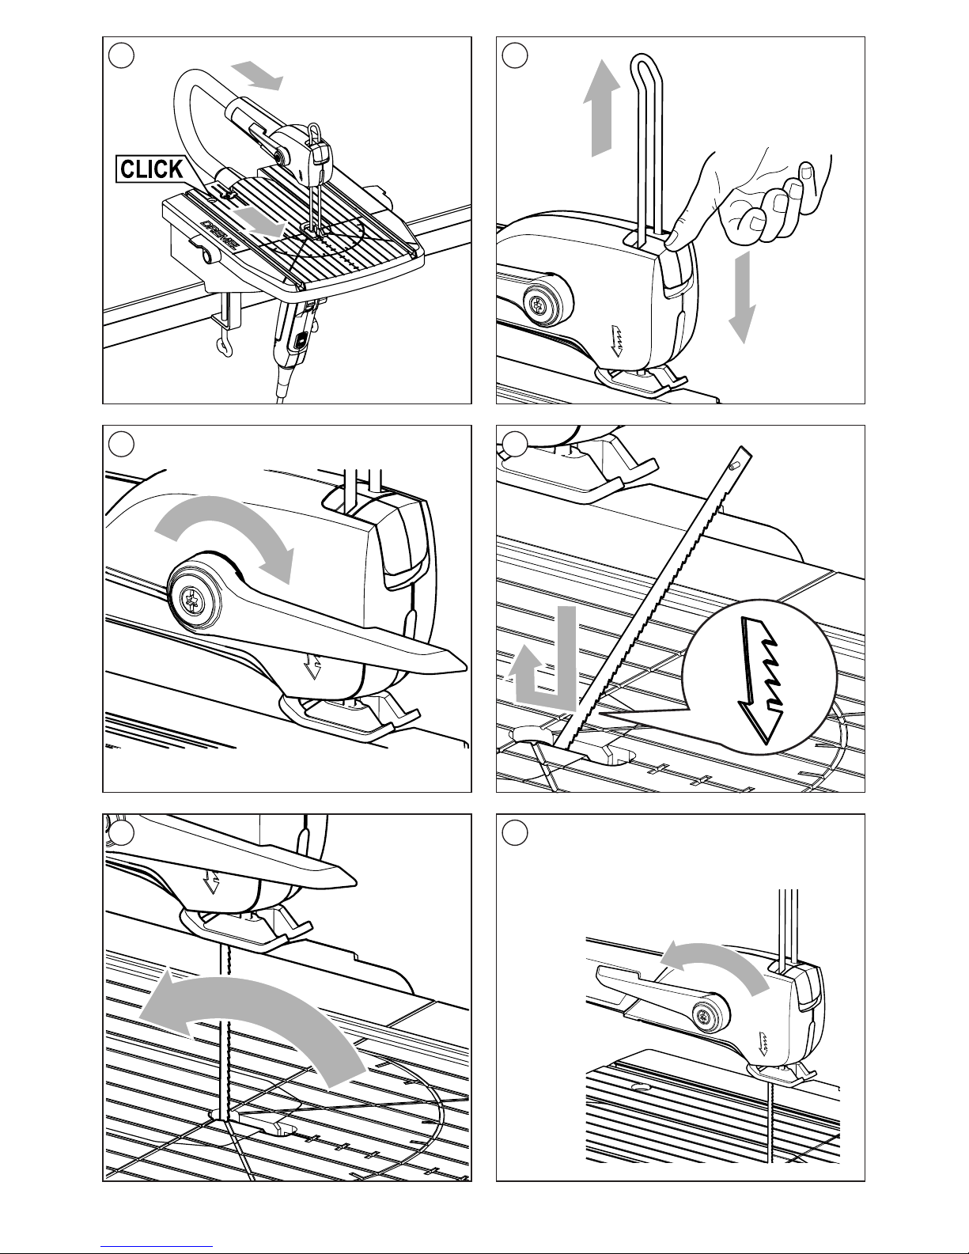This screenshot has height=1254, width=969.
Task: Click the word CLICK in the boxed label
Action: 152,169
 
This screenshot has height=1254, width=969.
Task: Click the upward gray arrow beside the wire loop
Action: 601,108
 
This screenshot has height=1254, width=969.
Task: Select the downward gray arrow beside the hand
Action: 742,297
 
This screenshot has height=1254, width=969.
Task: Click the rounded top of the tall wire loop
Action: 642,61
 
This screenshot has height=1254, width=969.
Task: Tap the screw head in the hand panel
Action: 540,304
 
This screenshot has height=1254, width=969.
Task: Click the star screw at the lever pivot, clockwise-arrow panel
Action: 191,600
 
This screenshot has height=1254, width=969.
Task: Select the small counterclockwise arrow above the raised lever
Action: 715,958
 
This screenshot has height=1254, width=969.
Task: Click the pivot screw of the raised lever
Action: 704,1015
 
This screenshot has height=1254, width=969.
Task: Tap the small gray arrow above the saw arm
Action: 257,77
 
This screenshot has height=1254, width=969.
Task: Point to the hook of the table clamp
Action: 222,347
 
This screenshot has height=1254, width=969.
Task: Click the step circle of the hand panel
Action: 515,56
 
